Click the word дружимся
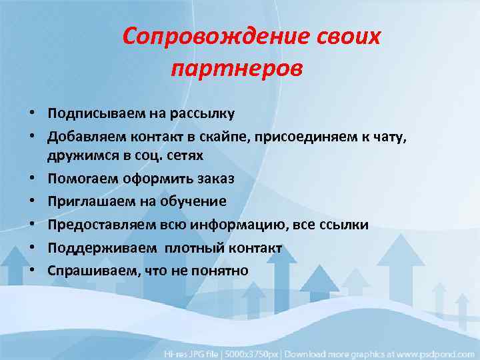[x=78, y=155]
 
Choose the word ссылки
[x=345, y=225]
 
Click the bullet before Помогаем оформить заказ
[x=31, y=179]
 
